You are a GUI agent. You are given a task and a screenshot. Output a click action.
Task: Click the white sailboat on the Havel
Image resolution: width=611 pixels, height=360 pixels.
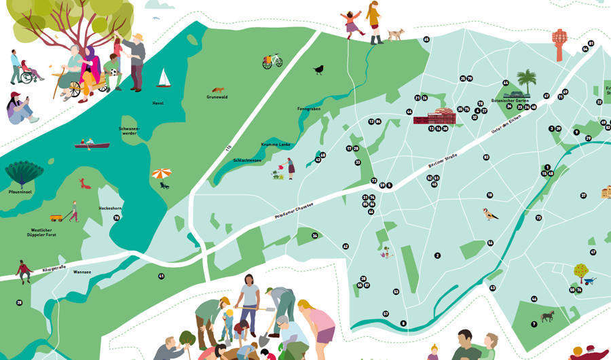coord(164,79)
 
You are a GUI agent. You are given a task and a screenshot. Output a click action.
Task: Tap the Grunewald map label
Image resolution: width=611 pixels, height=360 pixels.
coord(217,97)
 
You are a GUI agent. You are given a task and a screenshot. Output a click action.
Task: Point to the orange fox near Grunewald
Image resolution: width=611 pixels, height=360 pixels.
coord(217,90)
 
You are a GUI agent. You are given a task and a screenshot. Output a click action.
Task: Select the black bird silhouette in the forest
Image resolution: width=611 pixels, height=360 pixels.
coord(318,69)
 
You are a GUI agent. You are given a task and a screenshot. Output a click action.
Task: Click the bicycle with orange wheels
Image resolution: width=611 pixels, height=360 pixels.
coord(272,61)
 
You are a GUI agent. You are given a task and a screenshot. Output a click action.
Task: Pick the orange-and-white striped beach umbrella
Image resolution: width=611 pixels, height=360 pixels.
coord(162,175)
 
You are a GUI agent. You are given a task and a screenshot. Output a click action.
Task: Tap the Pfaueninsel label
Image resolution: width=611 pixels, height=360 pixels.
coord(20,192)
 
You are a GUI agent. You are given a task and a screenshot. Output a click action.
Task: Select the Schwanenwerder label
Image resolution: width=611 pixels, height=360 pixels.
coord(129,130)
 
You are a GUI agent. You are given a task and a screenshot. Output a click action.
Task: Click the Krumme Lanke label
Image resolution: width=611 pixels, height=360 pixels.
coord(276,145)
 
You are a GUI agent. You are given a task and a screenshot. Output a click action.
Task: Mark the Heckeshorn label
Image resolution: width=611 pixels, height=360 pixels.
coord(109,208)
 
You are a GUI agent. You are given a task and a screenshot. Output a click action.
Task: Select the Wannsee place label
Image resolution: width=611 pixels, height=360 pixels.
coord(81,272)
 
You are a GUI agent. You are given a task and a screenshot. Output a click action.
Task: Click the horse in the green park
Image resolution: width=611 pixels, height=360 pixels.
coord(547,316)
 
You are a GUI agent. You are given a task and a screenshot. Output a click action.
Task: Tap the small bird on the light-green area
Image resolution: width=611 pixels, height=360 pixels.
coord(489,215)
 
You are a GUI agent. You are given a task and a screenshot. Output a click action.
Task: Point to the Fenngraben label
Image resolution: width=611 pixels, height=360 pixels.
coord(308,109)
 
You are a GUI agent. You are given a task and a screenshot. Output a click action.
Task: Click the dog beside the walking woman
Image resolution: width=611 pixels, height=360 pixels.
coord(396,34)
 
